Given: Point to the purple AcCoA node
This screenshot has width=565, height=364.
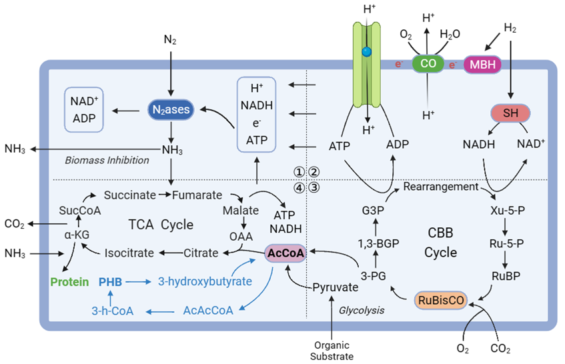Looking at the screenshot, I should (x=285, y=253).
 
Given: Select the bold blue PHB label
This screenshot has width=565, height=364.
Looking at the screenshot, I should (x=110, y=281).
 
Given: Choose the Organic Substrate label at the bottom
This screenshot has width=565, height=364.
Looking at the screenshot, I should (x=332, y=350).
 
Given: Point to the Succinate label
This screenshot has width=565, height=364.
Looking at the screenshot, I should (x=129, y=195).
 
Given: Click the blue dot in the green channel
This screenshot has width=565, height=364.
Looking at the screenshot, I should (x=366, y=51).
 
